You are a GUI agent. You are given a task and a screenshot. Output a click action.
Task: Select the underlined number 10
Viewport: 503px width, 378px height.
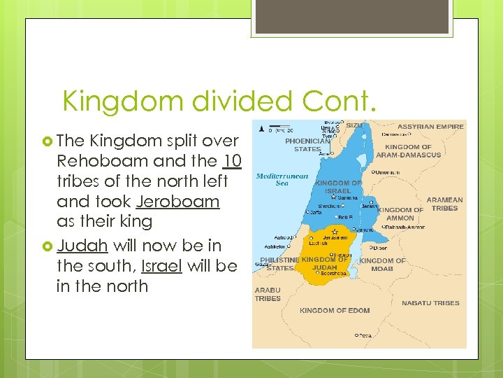(233, 161)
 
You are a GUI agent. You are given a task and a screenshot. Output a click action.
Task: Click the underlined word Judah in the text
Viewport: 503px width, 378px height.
(82, 245)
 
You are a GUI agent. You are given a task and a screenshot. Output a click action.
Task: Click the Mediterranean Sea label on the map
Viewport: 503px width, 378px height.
(282, 179)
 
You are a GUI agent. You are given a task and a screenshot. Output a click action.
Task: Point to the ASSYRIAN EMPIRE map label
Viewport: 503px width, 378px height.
(430, 127)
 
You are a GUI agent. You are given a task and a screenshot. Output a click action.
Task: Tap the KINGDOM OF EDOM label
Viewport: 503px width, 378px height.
(335, 310)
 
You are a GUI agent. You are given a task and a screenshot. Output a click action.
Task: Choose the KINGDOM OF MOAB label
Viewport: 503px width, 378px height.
(382, 265)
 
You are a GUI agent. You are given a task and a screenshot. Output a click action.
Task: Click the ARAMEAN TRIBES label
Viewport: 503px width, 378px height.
(444, 204)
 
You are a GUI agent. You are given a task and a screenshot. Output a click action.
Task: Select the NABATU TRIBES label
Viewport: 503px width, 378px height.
(430, 303)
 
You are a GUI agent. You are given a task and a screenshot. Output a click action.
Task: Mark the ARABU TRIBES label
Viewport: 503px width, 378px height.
(268, 294)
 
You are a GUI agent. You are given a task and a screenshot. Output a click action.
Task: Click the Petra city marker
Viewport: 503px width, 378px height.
(356, 335)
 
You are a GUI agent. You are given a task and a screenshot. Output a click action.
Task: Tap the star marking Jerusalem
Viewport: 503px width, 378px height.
(335, 232)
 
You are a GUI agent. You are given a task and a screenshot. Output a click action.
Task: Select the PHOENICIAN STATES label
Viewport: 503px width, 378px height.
(307, 144)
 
